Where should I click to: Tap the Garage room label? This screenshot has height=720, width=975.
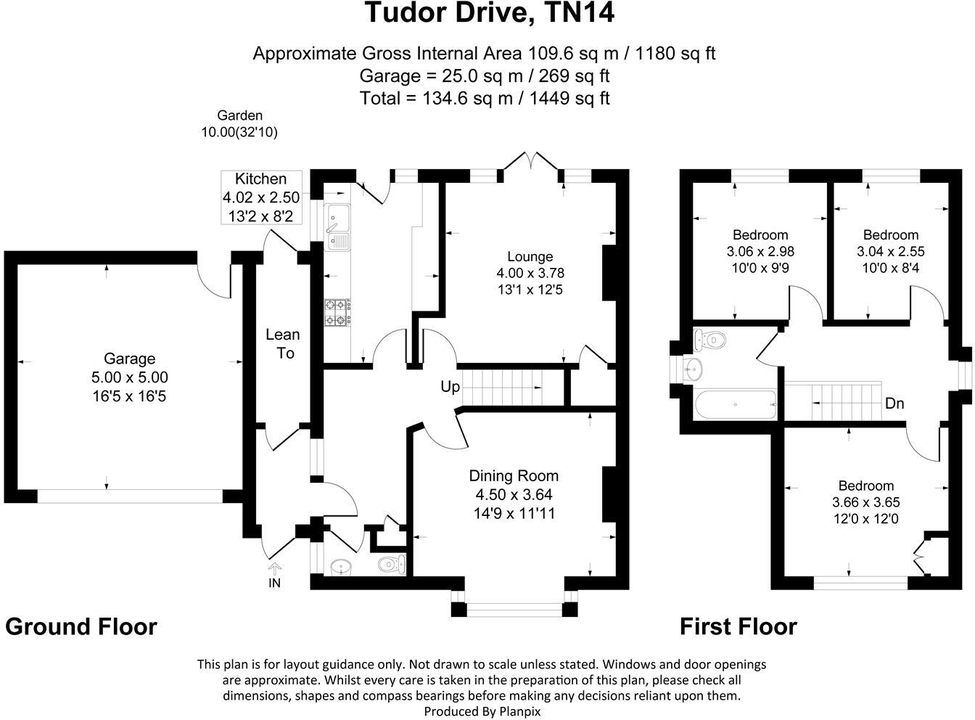[x=129, y=359]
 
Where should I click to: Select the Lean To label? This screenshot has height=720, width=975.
[x=282, y=343]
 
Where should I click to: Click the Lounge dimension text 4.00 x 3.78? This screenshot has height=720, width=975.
[x=530, y=273]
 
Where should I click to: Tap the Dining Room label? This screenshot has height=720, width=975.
[x=514, y=476]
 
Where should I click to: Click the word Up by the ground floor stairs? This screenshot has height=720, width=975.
[x=450, y=388]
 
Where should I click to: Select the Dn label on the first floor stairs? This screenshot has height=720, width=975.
[x=894, y=404]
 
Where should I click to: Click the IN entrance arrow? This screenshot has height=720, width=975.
[x=275, y=570]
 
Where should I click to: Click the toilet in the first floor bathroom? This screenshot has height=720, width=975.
[x=710, y=339]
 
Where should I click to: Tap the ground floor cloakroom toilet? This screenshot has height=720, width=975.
[x=392, y=564]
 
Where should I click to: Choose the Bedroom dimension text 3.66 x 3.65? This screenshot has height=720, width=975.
[x=865, y=502]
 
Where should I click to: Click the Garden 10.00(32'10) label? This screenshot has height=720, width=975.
[x=239, y=123]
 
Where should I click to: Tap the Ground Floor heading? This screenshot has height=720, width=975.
[x=81, y=626]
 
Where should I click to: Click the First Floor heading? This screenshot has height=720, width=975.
[x=738, y=626]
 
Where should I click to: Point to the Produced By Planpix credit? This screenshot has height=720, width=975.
[x=482, y=711]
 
